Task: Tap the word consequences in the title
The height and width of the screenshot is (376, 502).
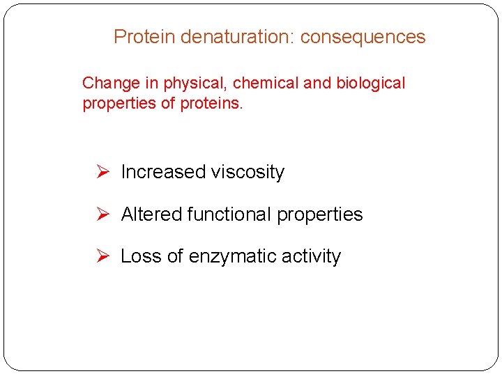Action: click(x=363, y=37)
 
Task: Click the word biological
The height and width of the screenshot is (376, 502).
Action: click(x=370, y=84)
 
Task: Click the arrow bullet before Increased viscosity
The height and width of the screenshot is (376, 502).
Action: click(x=102, y=172)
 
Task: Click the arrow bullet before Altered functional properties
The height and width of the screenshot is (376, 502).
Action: click(x=102, y=214)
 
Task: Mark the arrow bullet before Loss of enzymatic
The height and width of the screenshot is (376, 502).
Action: click(x=102, y=256)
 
